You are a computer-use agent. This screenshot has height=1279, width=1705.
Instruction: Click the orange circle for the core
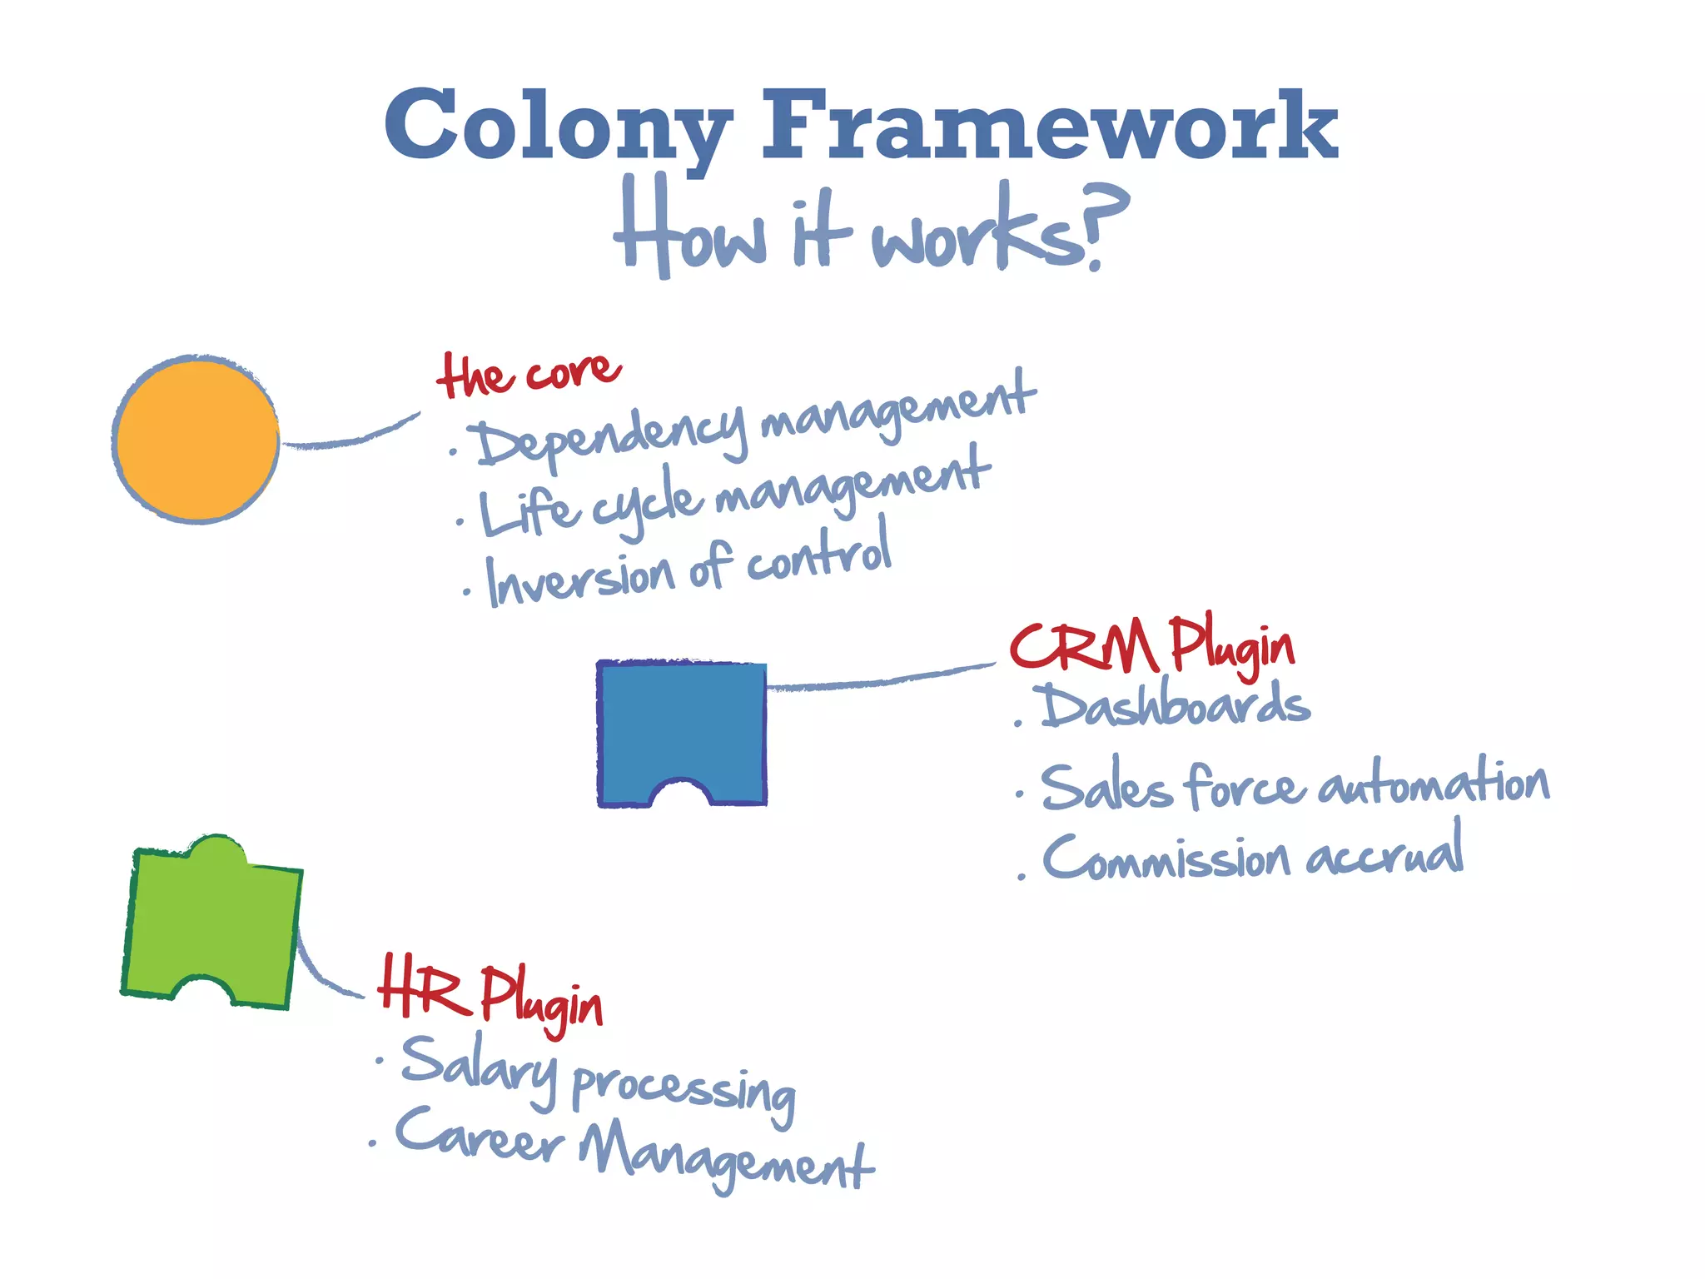(197, 440)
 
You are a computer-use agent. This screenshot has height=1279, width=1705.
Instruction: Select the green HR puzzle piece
(211, 924)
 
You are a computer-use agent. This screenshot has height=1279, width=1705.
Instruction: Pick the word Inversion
(580, 577)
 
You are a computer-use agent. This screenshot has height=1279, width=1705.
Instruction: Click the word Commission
(1166, 858)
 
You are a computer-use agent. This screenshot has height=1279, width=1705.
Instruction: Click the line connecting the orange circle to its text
(350, 437)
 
